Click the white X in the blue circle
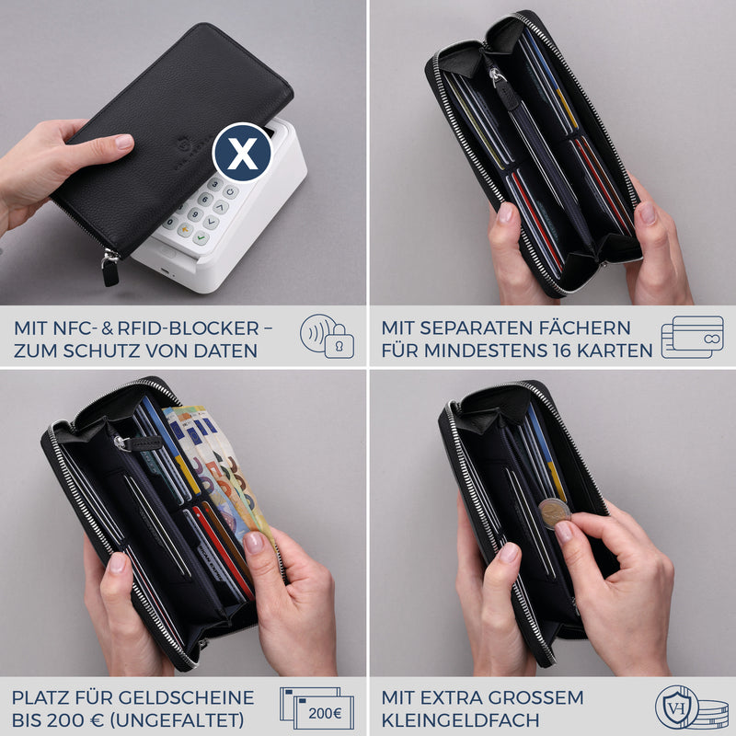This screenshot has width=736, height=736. [x=242, y=153]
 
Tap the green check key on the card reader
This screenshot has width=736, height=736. [x=201, y=238]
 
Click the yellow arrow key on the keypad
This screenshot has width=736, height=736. [x=186, y=229]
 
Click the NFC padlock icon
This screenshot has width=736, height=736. [x=328, y=336]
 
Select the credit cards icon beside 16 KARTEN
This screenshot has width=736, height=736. [x=693, y=337]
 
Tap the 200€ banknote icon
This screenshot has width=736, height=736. [x=316, y=707]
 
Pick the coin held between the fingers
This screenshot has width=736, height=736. [x=555, y=513]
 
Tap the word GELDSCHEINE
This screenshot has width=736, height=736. [x=186, y=697]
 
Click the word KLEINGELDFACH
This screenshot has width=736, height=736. [x=461, y=720]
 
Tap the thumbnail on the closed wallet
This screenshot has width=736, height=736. [x=124, y=142]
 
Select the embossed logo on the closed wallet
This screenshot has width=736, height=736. [x=183, y=146]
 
